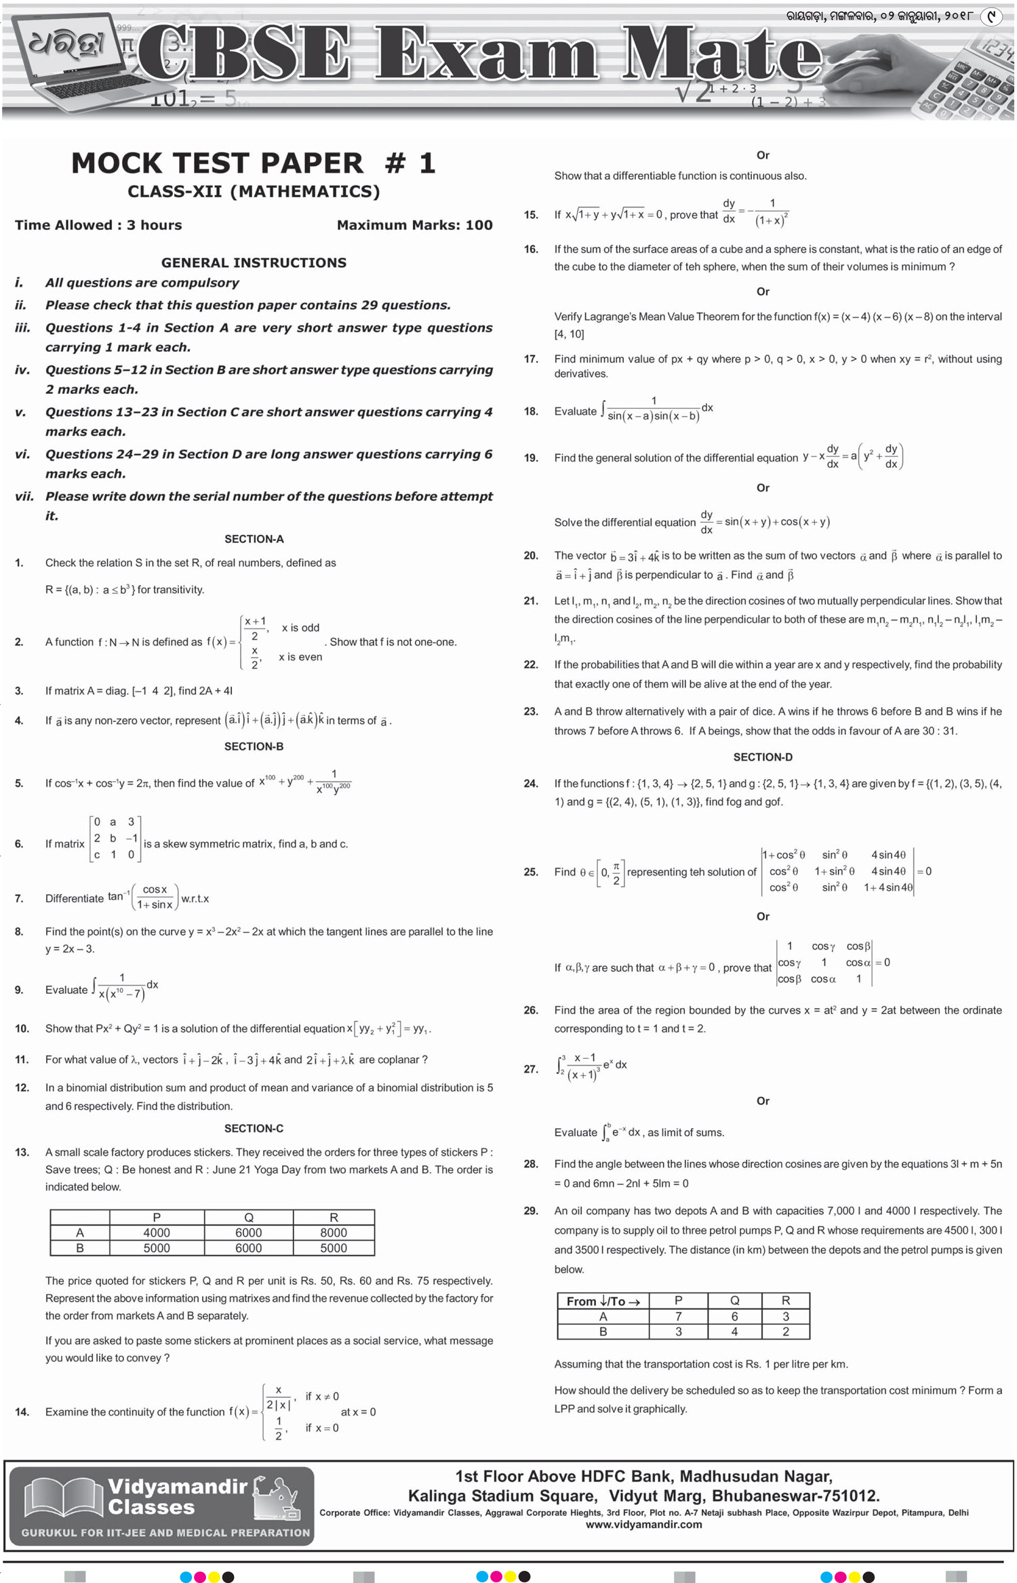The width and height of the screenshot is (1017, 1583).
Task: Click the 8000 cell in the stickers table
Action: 334,1233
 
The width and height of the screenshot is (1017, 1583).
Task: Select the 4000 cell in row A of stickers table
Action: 157,1233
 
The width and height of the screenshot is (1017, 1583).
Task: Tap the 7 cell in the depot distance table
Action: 678,1316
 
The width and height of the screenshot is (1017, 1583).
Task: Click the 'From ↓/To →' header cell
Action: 603,1301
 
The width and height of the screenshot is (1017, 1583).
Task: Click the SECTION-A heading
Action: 254,539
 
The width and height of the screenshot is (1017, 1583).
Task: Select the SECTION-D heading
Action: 763,757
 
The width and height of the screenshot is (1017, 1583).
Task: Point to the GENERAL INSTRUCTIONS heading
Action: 254,262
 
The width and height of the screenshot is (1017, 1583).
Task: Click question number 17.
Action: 531,359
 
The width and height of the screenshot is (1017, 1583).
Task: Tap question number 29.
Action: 531,1210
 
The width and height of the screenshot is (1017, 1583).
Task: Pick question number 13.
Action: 22,1152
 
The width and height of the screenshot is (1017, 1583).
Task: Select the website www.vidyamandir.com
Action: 643,1524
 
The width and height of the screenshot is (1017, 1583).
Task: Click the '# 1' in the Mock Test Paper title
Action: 410,163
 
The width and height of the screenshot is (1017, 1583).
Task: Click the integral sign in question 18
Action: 603,409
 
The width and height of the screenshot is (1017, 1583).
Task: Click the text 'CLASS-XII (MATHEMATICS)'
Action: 254,192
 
